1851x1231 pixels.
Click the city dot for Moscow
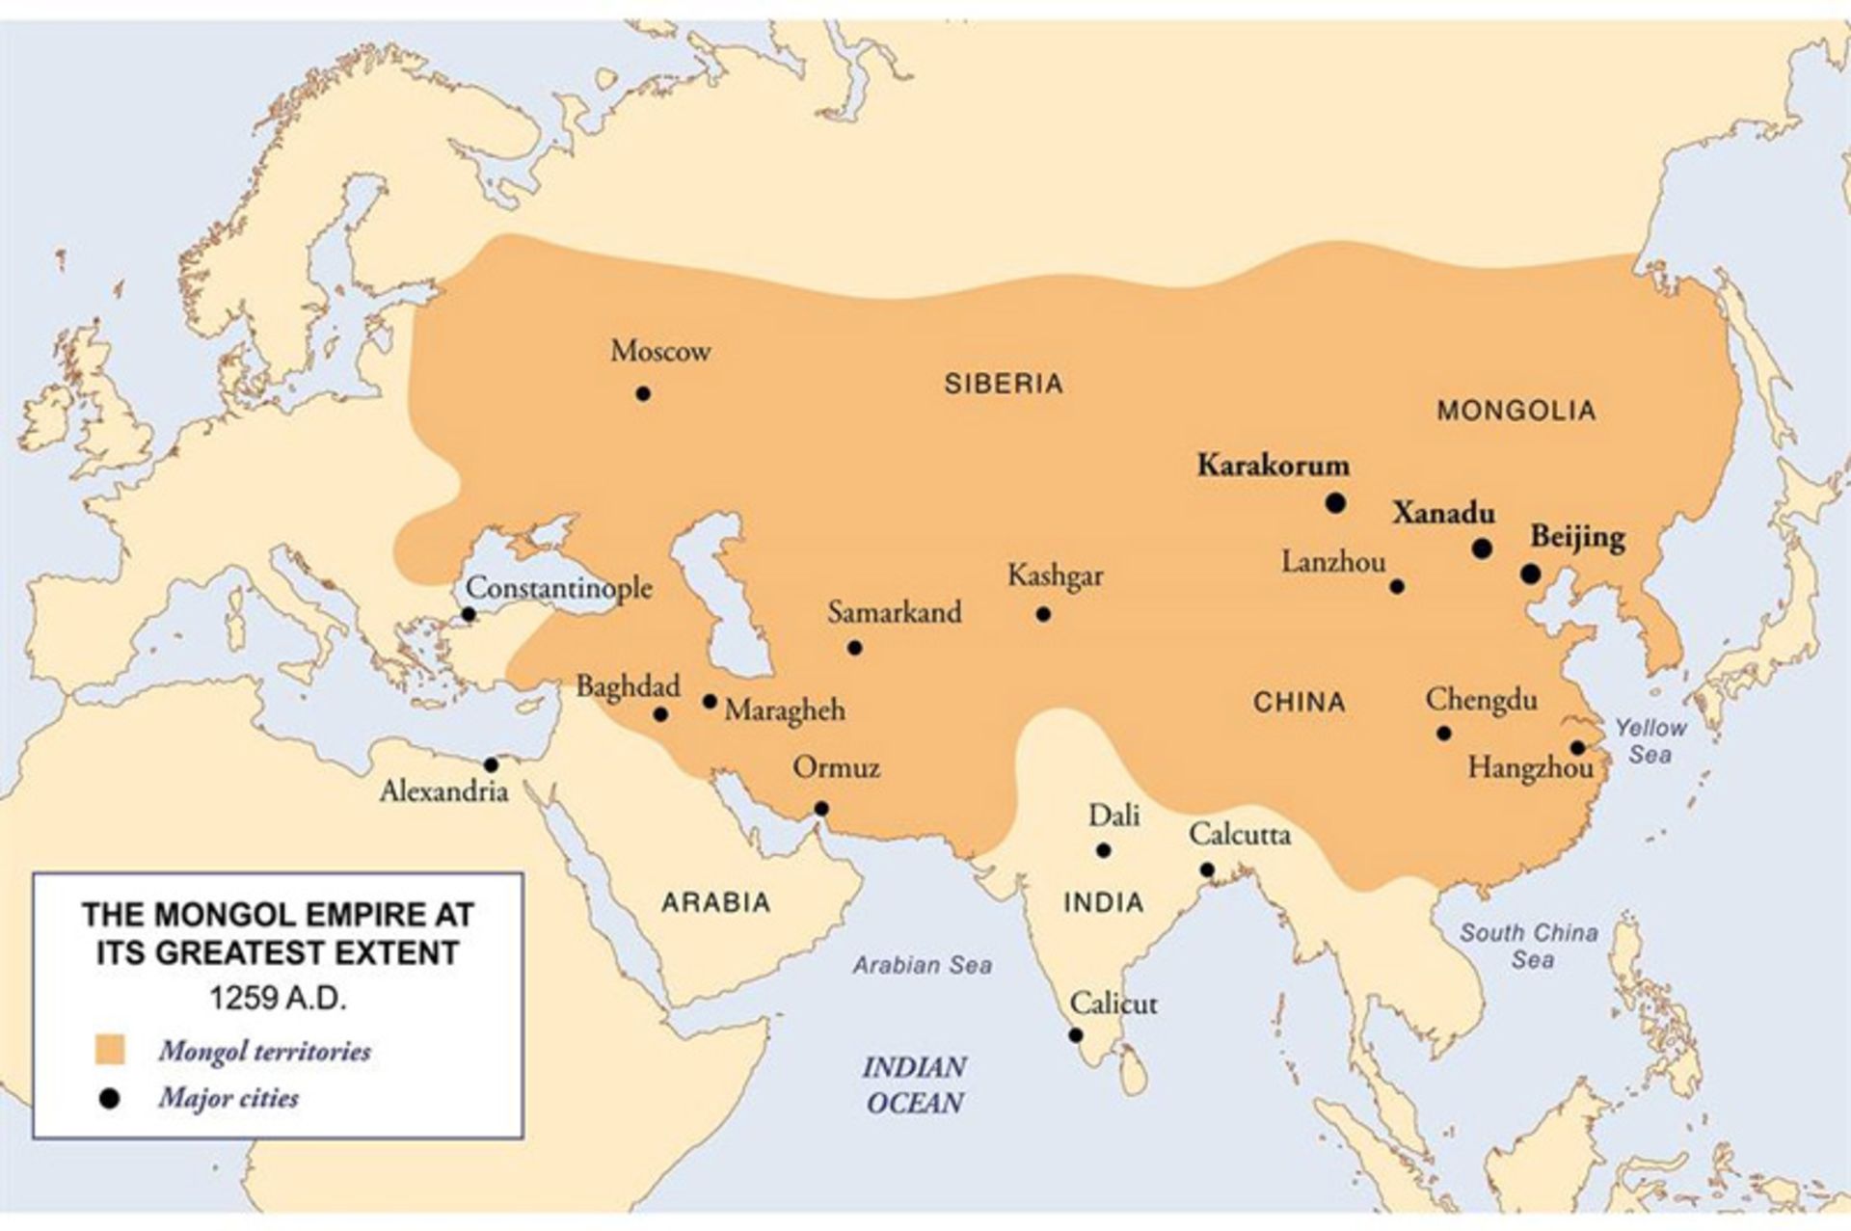(x=643, y=393)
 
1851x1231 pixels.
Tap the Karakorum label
(x=1273, y=466)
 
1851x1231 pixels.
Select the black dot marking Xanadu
(x=1483, y=549)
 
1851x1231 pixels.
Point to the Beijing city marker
(x=1530, y=574)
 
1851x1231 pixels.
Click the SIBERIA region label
(x=1004, y=384)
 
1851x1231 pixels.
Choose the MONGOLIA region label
(x=1516, y=411)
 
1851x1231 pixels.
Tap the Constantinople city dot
(x=469, y=614)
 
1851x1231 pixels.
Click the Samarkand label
(x=895, y=612)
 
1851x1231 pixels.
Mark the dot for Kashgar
(x=1043, y=614)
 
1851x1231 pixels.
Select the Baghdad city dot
(x=660, y=714)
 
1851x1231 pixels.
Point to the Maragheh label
(x=785, y=710)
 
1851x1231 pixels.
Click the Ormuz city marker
(x=821, y=808)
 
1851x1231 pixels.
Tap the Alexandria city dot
(x=491, y=764)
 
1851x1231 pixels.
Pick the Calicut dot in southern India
(x=1076, y=1035)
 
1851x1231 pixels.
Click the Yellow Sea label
(x=1650, y=740)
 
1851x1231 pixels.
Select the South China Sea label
(x=1529, y=946)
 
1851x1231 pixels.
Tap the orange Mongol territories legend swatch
(x=110, y=1050)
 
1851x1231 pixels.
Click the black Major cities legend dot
(x=110, y=1098)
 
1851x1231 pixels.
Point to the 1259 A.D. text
(x=278, y=998)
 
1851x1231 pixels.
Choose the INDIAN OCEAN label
(x=914, y=1084)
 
